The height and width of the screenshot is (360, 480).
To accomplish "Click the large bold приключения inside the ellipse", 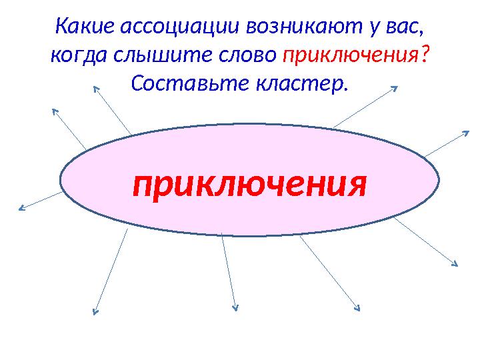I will coord(250,184).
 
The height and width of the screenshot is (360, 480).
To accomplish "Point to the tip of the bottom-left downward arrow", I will coord(95,311).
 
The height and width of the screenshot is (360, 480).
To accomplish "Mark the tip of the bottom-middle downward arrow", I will coord(235,308).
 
